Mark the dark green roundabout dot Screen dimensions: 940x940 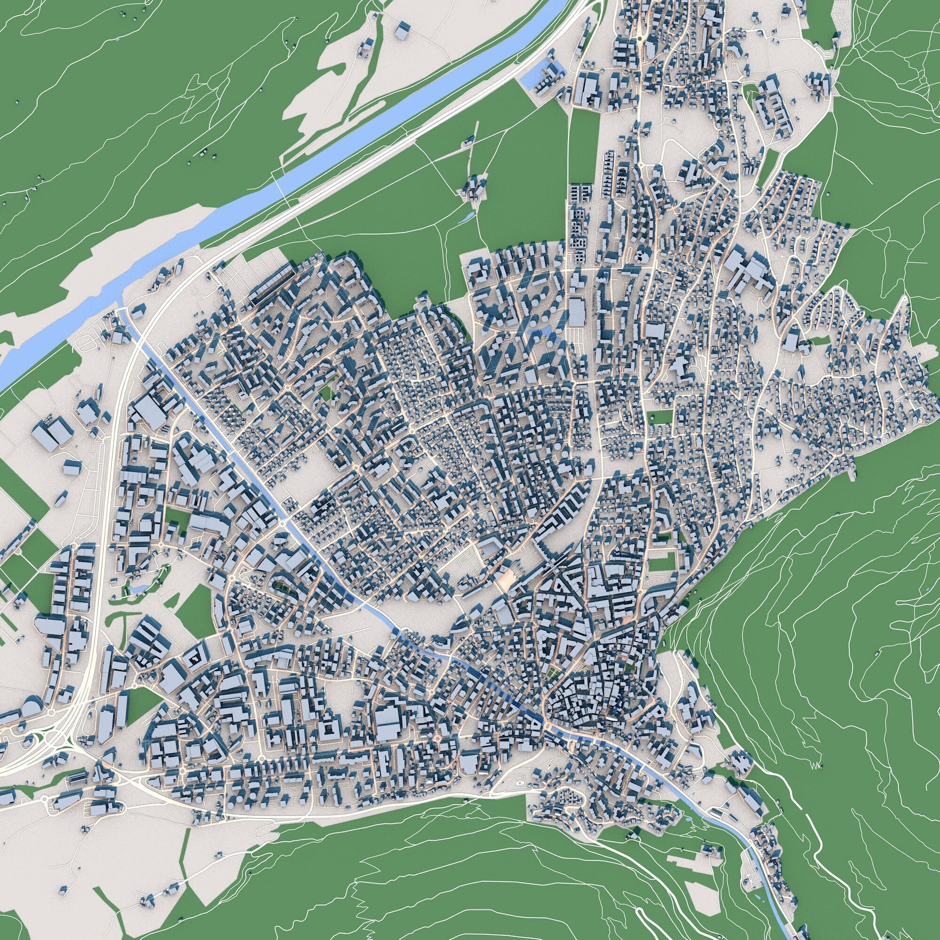point(638,38)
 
